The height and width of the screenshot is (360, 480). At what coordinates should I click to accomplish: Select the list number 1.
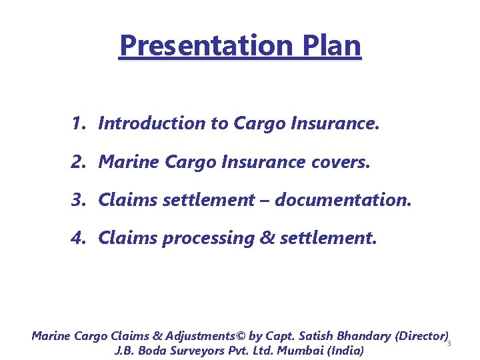[x=78, y=123]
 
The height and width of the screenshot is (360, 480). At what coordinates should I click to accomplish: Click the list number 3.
[x=78, y=200]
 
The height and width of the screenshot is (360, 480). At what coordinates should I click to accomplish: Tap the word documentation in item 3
[x=343, y=200]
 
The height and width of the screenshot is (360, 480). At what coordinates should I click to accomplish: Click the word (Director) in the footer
[x=421, y=336]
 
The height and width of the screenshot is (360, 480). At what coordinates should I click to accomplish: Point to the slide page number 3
[x=449, y=343]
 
